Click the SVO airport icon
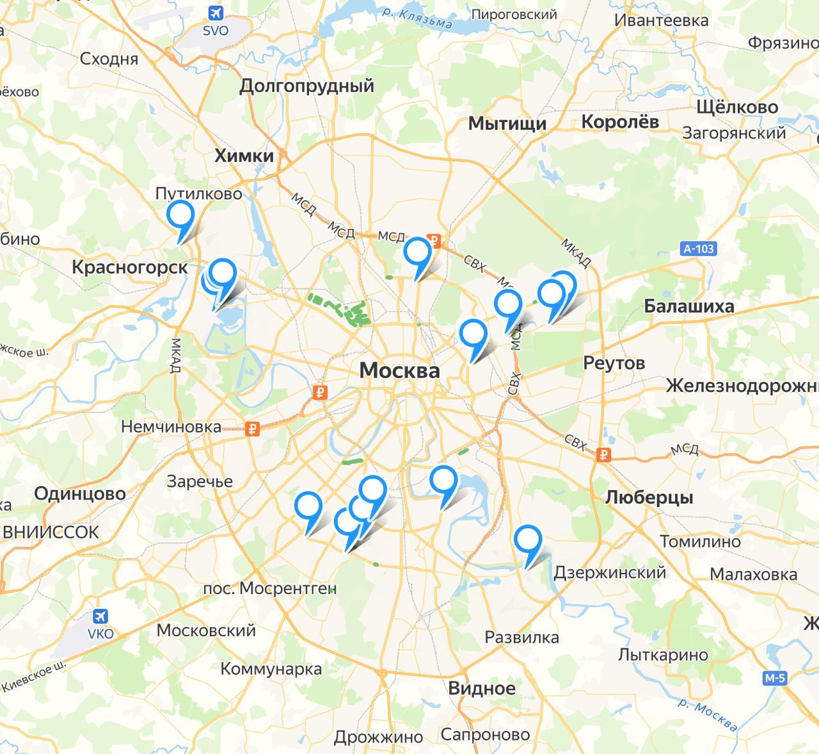click(215, 13)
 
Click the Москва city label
click(399, 370)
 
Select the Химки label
click(244, 155)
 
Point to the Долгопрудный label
click(306, 86)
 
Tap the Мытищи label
click(507, 123)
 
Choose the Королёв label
click(620, 122)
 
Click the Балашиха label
click(688, 306)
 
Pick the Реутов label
click(614, 363)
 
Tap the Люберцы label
click(649, 497)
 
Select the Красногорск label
click(130, 267)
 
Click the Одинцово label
click(80, 494)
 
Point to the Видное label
click(481, 688)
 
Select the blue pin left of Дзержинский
click(528, 540)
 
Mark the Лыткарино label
click(663, 655)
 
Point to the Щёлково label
click(737, 107)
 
